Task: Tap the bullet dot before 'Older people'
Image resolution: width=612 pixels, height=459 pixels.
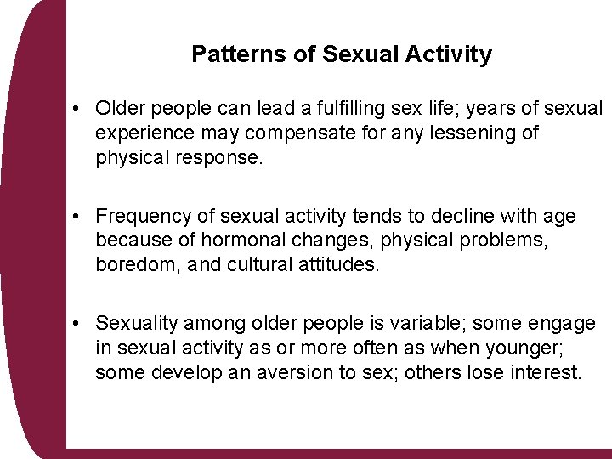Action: point(76,109)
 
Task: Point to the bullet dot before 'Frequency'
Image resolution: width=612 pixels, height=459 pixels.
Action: point(76,218)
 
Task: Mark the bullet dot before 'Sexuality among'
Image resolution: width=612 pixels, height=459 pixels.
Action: point(76,324)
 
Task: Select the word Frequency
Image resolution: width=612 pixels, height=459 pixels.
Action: point(140,217)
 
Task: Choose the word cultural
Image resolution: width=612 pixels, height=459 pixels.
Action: point(258,265)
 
